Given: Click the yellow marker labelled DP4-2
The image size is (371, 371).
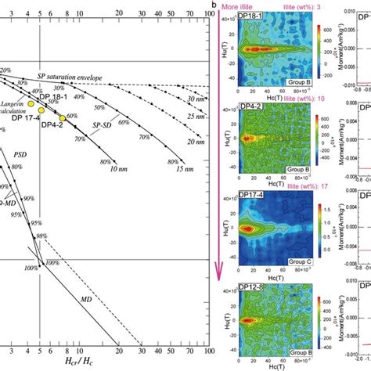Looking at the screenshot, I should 63,118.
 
